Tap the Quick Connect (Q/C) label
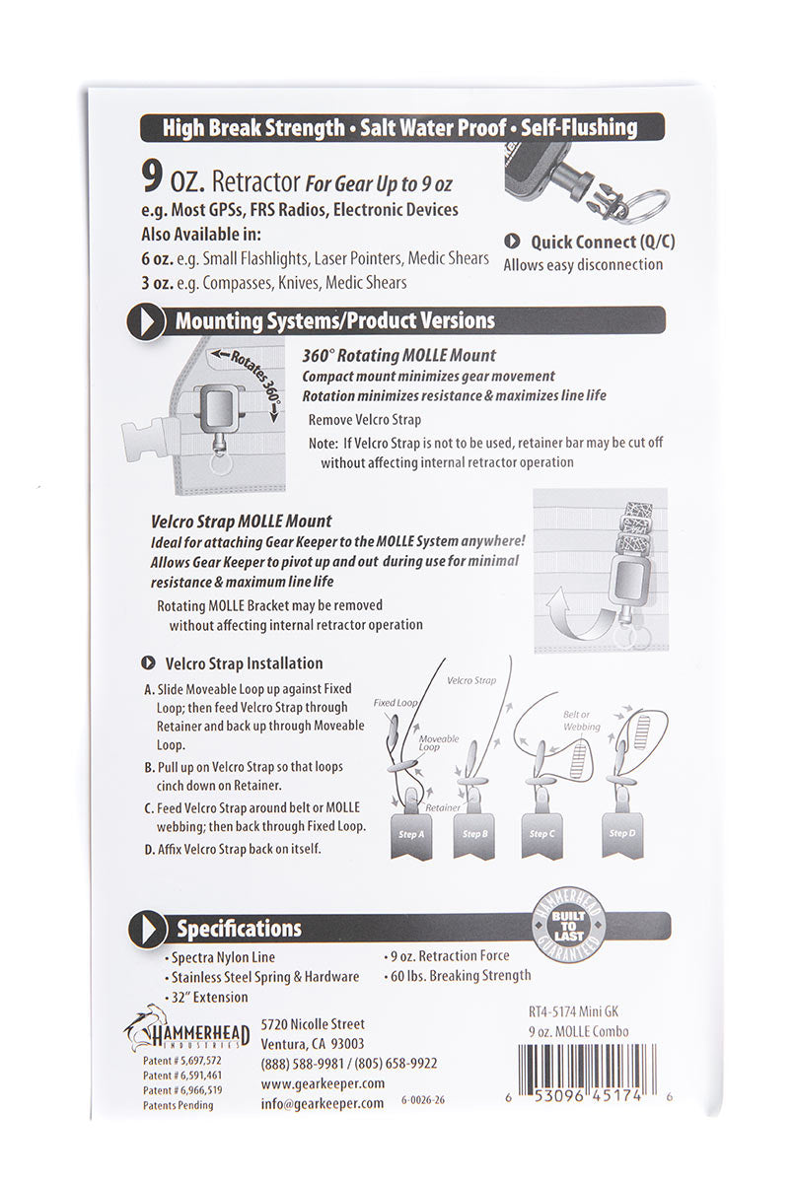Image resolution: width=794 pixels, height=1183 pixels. tap(602, 242)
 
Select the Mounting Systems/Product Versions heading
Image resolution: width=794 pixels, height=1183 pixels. tap(334, 321)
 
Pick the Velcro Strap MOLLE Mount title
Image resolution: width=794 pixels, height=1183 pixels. tap(242, 521)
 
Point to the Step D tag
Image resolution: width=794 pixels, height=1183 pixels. tap(621, 834)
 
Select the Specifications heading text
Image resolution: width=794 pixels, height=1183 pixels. tap(239, 929)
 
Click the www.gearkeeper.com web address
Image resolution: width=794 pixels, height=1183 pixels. tap(323, 1082)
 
